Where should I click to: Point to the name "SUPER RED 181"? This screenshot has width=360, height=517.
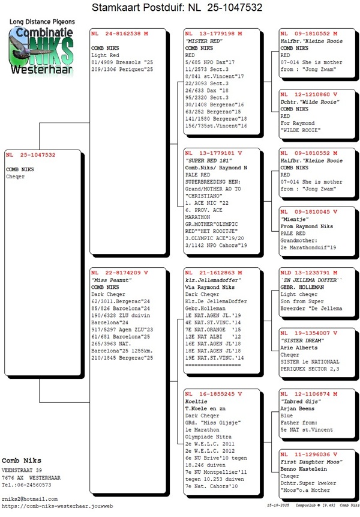click(x=208, y=160)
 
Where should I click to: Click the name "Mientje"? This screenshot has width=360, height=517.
click(x=294, y=220)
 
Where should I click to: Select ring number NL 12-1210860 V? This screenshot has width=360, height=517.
click(x=309, y=95)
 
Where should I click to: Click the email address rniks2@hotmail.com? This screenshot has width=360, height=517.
click(x=30, y=499)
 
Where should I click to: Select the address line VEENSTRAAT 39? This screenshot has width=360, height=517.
click(x=22, y=470)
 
